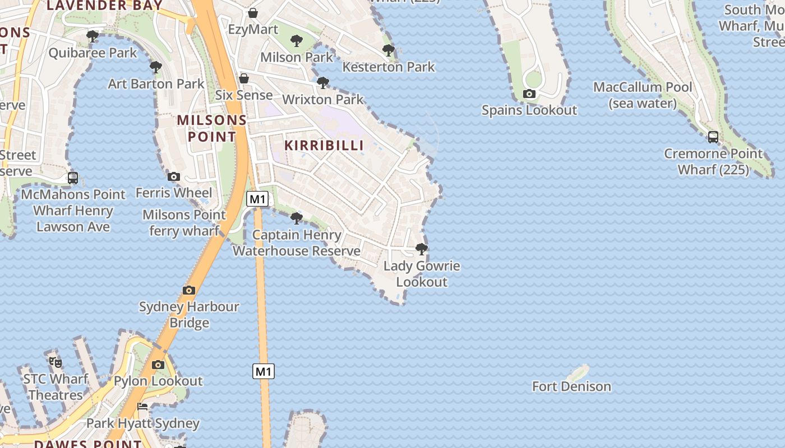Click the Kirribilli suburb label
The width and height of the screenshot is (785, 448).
pyautogui.click(x=324, y=145)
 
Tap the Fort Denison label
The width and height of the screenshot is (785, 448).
pyautogui.click(x=571, y=386)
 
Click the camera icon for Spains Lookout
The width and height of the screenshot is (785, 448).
pyautogui.click(x=529, y=94)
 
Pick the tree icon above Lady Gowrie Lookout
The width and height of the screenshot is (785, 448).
pyautogui.click(x=422, y=249)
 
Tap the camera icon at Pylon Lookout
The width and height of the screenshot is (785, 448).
pyautogui.click(x=158, y=365)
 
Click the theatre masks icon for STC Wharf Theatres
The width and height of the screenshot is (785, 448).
pyautogui.click(x=56, y=362)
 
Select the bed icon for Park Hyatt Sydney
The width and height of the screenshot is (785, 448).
pyautogui.click(x=143, y=407)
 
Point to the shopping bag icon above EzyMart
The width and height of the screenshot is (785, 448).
pyautogui.click(x=253, y=12)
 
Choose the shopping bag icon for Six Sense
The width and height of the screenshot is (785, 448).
pyautogui.click(x=244, y=78)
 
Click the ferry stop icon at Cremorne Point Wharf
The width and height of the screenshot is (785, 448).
pyautogui.click(x=713, y=137)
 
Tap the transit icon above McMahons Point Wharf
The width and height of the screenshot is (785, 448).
pyautogui.click(x=73, y=178)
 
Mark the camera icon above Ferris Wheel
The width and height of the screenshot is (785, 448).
pyautogui.click(x=174, y=176)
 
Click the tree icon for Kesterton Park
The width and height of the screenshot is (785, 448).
pyautogui.click(x=388, y=50)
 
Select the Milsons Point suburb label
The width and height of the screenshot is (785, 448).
pyautogui.click(x=212, y=128)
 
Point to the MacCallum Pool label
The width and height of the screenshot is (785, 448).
pyautogui.click(x=643, y=95)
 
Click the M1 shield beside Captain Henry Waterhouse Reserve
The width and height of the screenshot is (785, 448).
pyautogui.click(x=257, y=199)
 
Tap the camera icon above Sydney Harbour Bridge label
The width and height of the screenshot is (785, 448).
pyautogui.click(x=189, y=290)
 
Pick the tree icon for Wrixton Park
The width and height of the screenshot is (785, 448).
pyautogui.click(x=323, y=83)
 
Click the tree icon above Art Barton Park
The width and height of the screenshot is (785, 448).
pyautogui.click(x=156, y=67)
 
